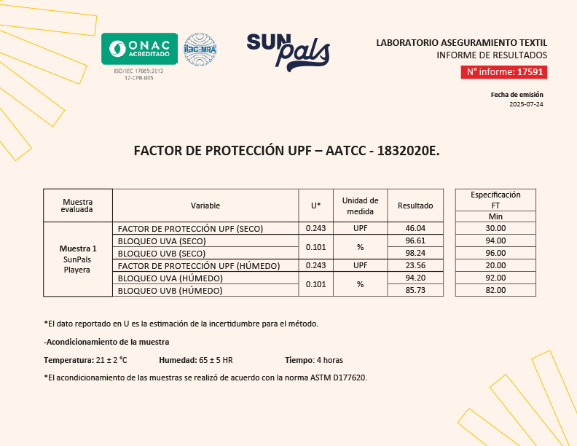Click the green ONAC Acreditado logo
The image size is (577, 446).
click(x=139, y=49)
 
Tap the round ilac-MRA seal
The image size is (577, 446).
click(x=200, y=50)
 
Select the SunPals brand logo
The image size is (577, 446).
click(x=288, y=52)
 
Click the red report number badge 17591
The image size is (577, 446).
click(x=503, y=72)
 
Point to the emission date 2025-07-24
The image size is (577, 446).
click(x=526, y=104)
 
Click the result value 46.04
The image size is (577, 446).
click(x=415, y=228)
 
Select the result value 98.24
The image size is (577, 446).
click(x=415, y=253)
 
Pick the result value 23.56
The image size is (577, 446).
click(x=415, y=265)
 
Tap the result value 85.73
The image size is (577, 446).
click(x=415, y=290)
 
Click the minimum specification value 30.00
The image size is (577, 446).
click(x=495, y=228)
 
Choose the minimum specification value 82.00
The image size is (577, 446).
click(x=495, y=290)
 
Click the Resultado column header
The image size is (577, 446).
click(x=415, y=206)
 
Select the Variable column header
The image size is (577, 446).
click(x=205, y=206)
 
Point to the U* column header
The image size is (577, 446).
click(x=315, y=206)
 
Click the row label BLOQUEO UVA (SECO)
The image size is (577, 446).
click(x=162, y=240)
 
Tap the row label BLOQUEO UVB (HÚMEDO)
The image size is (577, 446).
click(x=170, y=291)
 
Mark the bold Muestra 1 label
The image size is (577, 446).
click(x=77, y=249)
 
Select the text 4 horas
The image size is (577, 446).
click(x=328, y=360)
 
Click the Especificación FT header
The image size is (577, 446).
click(x=495, y=199)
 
